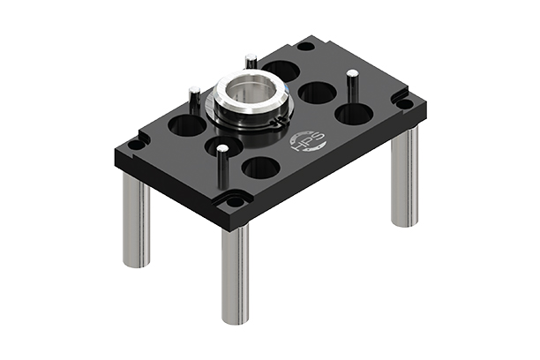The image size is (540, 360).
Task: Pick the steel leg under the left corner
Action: click(136, 221)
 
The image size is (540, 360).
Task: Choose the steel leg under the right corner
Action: click(404, 176)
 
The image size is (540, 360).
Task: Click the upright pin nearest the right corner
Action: click(352, 86)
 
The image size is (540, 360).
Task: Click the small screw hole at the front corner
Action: click(235, 201)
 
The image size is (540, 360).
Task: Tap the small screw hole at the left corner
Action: click(134, 145)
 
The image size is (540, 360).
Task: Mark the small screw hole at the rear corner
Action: click(304, 46)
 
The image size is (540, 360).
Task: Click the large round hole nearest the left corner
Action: click(187, 125)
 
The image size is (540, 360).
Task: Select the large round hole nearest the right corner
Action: click(354, 114)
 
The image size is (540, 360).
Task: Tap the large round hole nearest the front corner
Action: click(261, 168)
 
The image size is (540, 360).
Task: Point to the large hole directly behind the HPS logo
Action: click(317, 92)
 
